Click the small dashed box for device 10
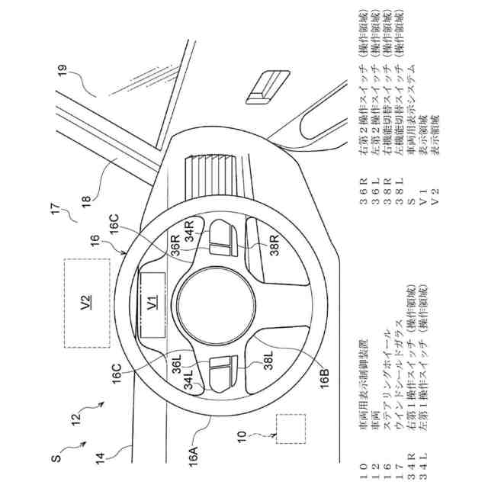tap(290, 429)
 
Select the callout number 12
tap(79, 417)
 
